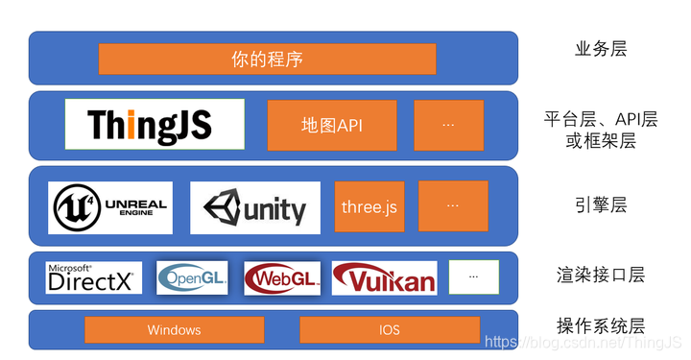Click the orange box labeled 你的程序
(267, 59)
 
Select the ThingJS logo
(155, 124)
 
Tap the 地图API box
(332, 125)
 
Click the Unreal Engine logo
(110, 207)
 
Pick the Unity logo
(255, 207)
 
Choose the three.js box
(369, 206)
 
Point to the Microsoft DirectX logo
(94, 277)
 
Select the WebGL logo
(282, 277)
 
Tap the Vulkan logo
(384, 277)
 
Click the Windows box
(174, 330)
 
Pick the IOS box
(389, 330)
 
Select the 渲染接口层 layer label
(601, 276)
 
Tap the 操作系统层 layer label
(601, 324)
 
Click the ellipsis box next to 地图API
(448, 125)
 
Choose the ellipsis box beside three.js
(453, 205)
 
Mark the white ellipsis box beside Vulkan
(474, 276)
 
